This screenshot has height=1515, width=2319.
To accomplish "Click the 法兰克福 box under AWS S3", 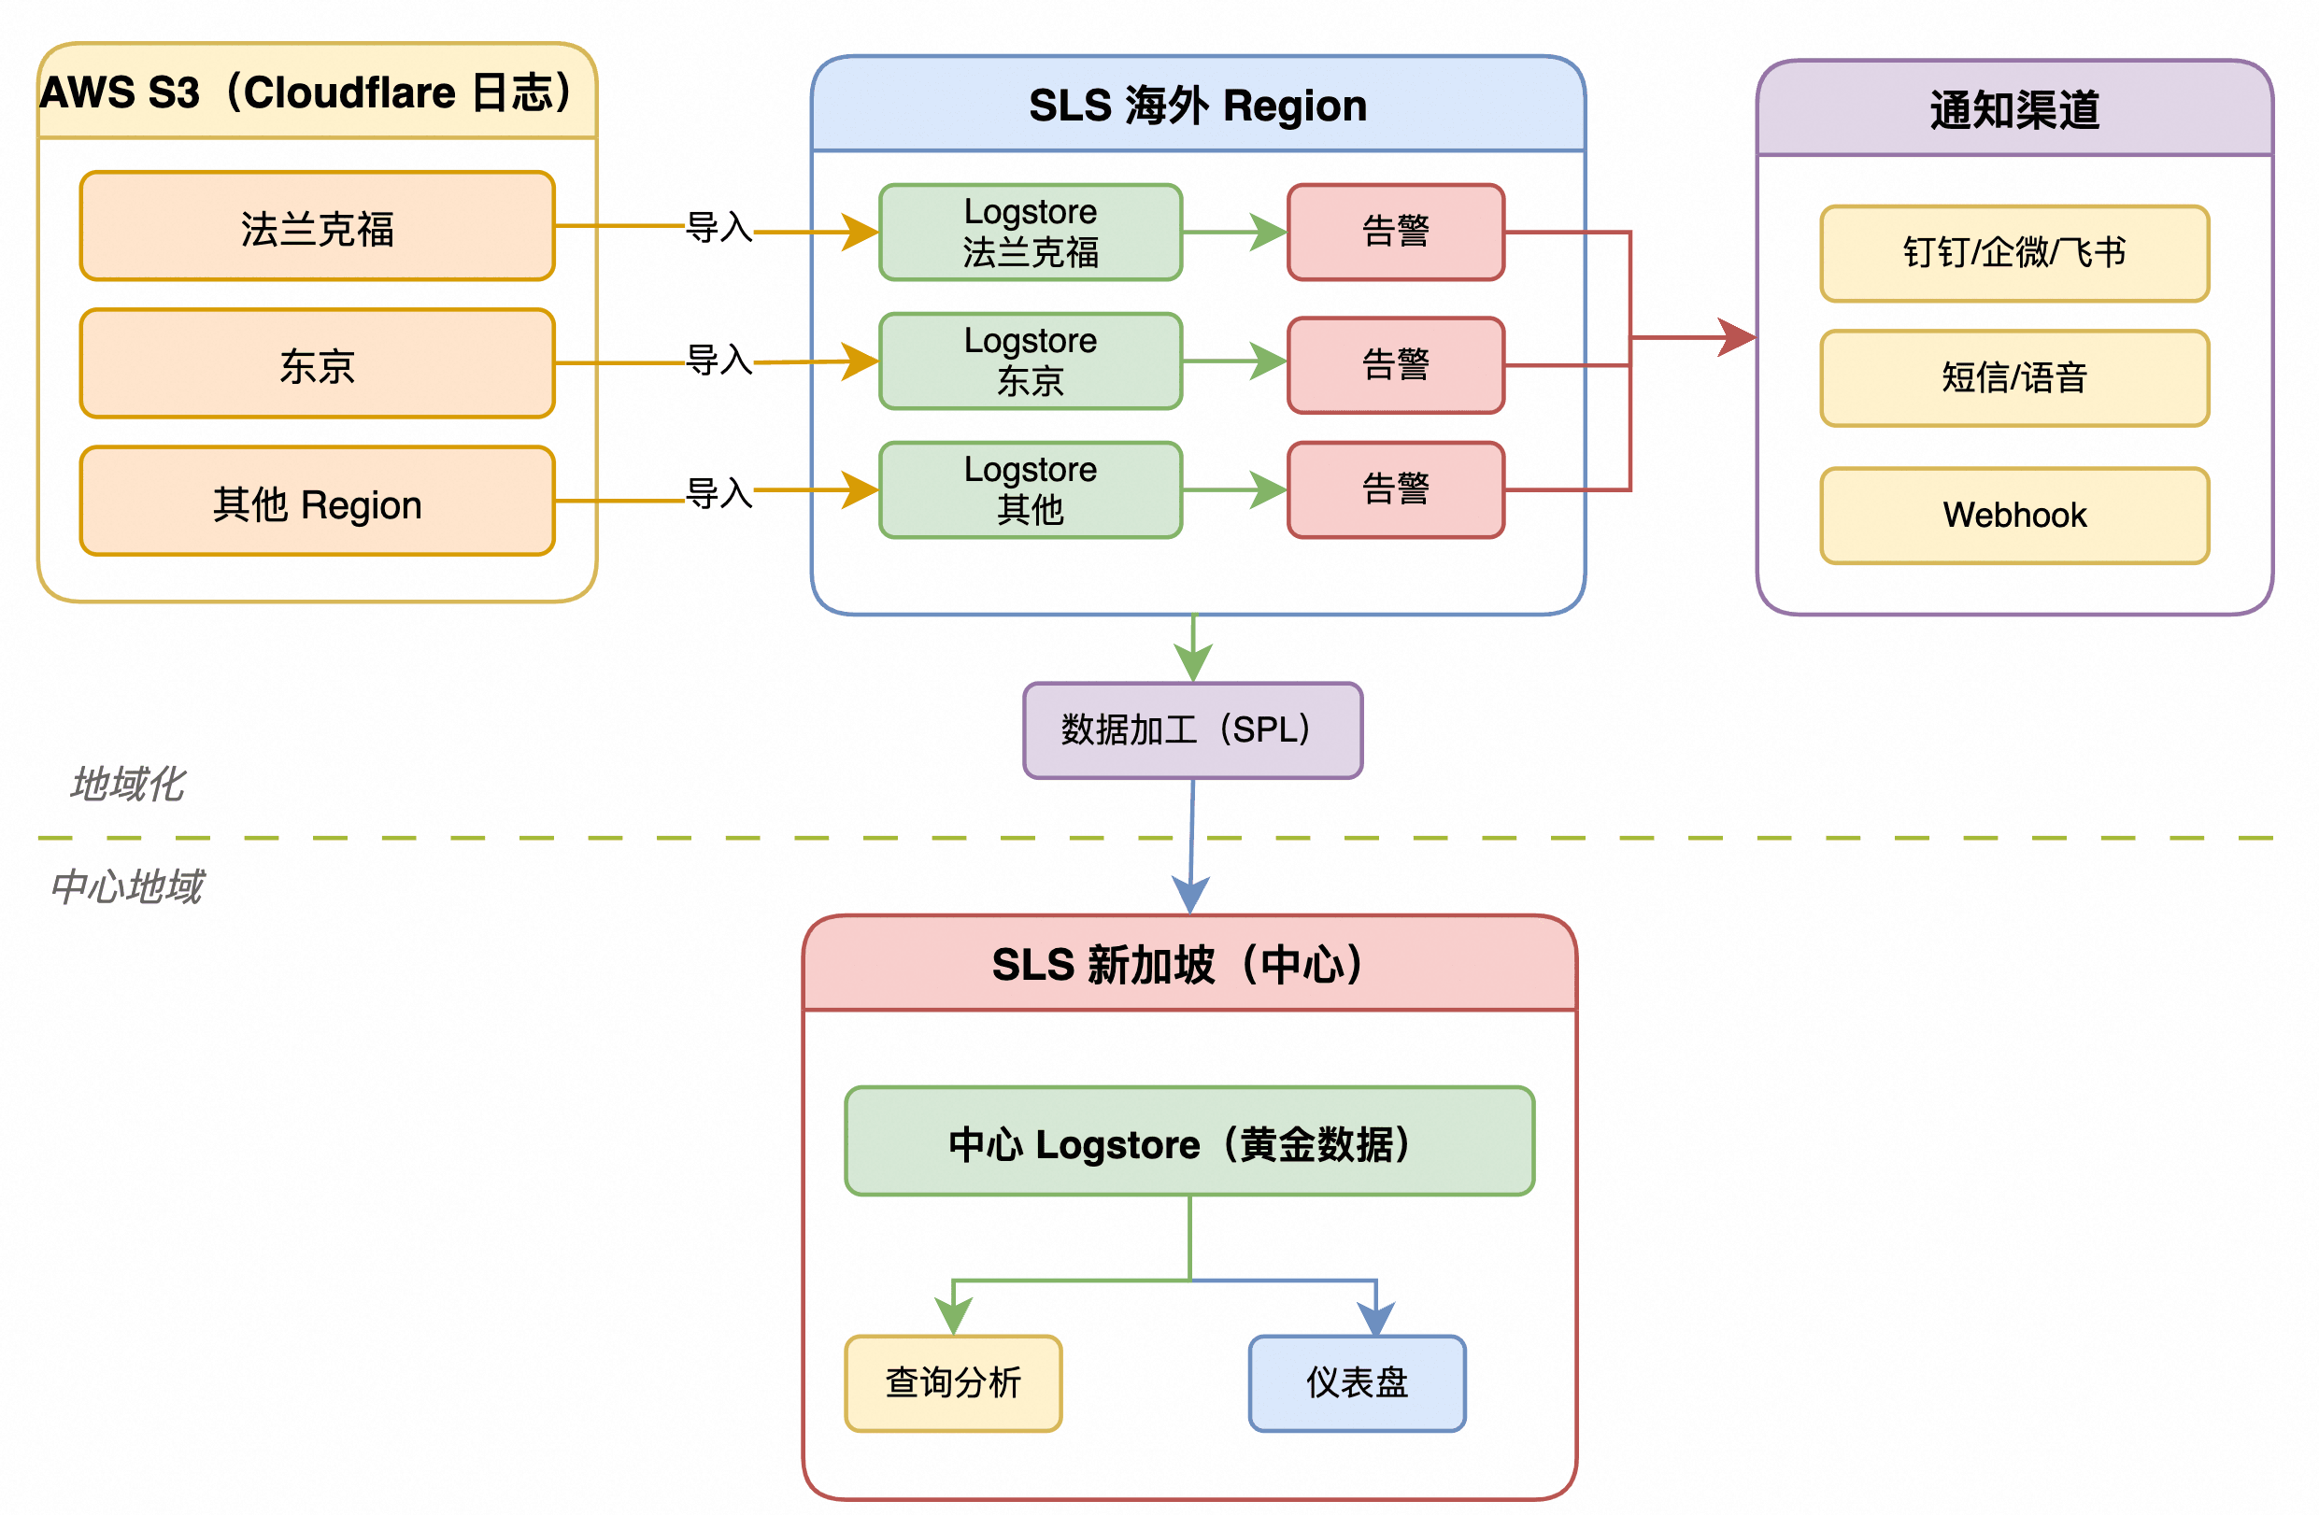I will pyautogui.click(x=318, y=226).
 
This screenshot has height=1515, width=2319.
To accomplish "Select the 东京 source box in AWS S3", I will pyautogui.click(x=318, y=363).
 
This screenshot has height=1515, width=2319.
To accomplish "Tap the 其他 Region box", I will pyautogui.click(x=318, y=501).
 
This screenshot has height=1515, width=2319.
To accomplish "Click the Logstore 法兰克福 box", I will pyautogui.click(x=1031, y=232).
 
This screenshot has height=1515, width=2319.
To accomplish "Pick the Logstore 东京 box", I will pyautogui.click(x=1031, y=361).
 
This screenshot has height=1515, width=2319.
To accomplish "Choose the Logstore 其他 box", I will pyautogui.click(x=1031, y=490).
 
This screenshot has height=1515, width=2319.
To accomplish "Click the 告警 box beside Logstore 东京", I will pyautogui.click(x=1396, y=365).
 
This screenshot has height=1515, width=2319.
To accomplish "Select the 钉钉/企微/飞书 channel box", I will pyautogui.click(x=2015, y=253).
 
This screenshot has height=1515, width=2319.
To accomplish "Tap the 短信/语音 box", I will pyautogui.click(x=2015, y=378).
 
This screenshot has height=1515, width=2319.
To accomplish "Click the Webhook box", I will pyautogui.click(x=2015, y=516).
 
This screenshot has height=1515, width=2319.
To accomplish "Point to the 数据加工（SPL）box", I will pyautogui.click(x=1192, y=730).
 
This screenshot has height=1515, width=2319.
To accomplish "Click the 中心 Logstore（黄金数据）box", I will pyautogui.click(x=1189, y=1140).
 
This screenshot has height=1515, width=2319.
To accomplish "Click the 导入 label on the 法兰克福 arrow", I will pyautogui.click(x=719, y=227).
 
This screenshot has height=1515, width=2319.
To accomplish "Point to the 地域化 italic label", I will pyautogui.click(x=127, y=785).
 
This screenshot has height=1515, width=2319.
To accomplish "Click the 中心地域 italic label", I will pyautogui.click(x=127, y=886).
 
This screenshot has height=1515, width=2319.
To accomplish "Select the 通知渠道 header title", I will pyautogui.click(x=2015, y=109).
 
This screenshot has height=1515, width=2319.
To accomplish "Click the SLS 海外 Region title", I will pyautogui.click(x=1198, y=106).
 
